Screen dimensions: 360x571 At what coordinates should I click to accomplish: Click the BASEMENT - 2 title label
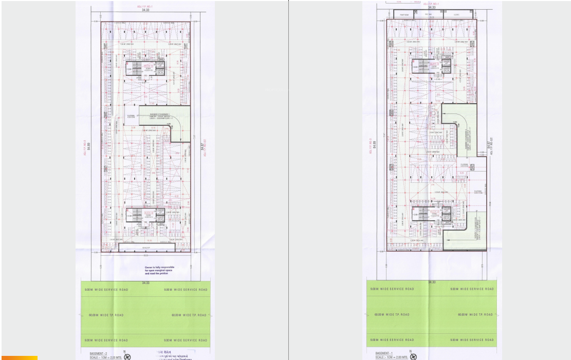[x=98, y=353]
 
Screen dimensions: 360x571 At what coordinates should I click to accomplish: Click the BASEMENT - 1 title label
[x=383, y=353]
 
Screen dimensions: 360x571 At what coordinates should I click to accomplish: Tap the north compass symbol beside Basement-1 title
[x=414, y=356]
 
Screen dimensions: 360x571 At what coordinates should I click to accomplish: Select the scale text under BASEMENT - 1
[x=392, y=357]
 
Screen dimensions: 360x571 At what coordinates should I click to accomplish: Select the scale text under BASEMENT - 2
[x=106, y=357]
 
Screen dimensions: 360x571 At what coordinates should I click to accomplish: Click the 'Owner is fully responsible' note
[x=159, y=270]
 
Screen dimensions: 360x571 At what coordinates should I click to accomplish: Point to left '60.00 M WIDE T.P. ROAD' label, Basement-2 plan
[x=106, y=315]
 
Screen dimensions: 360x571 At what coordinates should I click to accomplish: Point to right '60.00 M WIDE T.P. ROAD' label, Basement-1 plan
[x=475, y=315]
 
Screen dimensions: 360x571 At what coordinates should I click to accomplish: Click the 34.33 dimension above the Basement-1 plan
[x=431, y=8]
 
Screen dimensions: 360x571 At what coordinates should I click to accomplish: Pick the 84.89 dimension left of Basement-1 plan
[x=375, y=146]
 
